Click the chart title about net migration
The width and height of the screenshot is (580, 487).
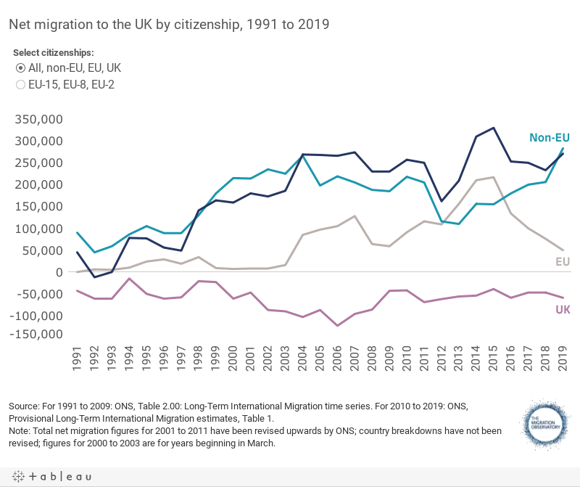(169, 24)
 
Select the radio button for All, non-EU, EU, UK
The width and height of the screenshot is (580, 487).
(21, 67)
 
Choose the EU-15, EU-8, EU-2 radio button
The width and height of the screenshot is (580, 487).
(21, 85)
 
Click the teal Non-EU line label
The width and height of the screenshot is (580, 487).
(550, 137)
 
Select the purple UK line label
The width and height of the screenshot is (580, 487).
(563, 310)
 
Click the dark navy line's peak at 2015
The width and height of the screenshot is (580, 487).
(494, 128)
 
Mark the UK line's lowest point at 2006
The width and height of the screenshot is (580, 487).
(338, 326)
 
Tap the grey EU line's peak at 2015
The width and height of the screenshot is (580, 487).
(494, 177)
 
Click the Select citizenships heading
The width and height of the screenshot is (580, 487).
(54, 53)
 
